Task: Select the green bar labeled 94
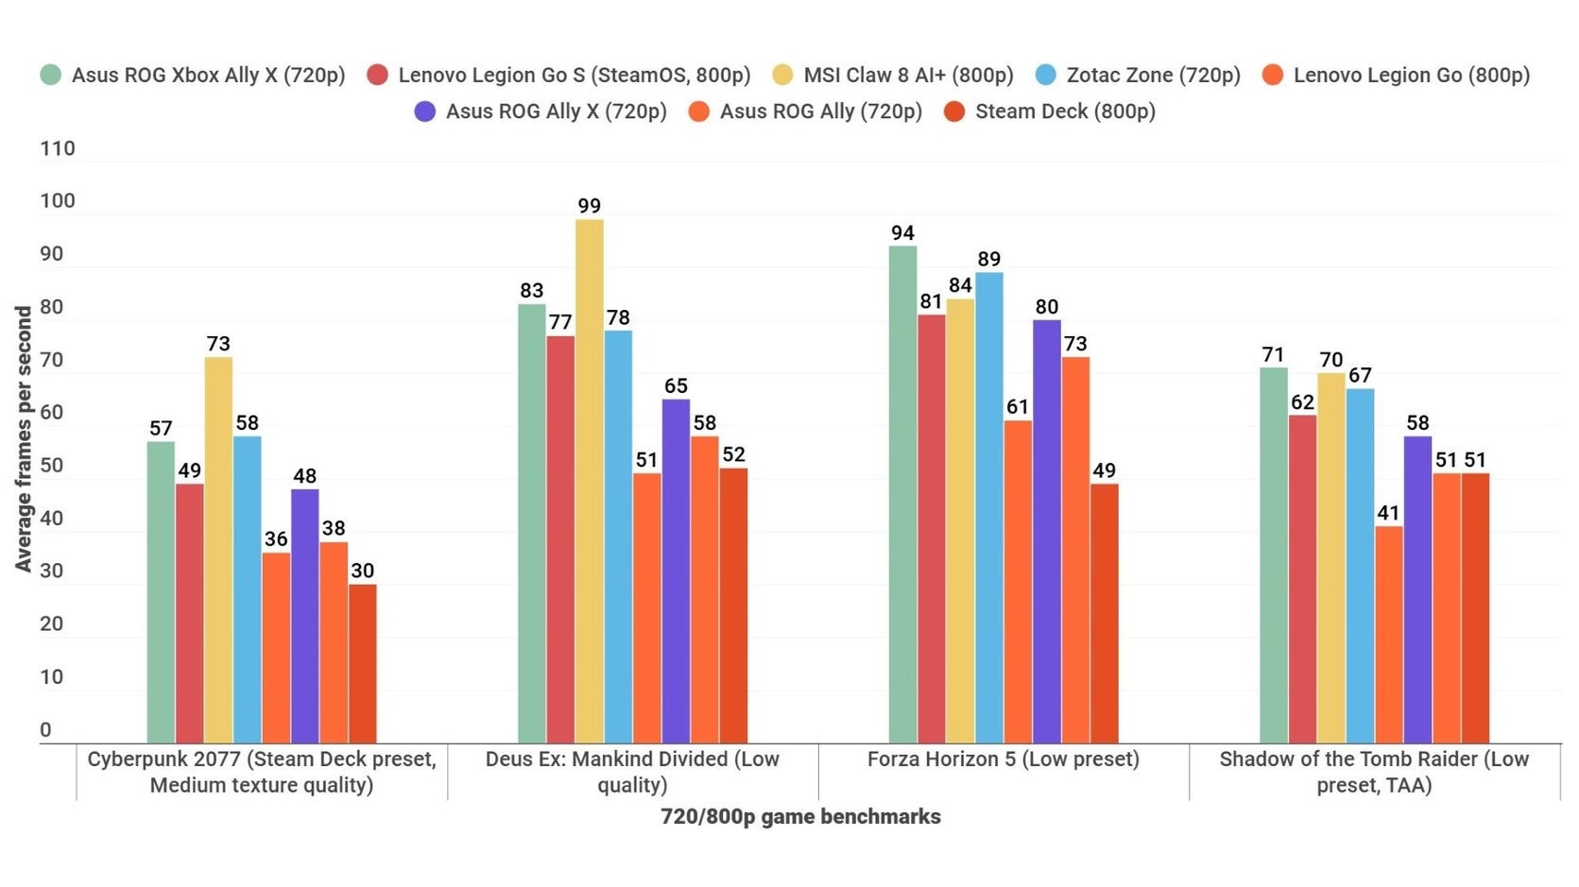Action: tap(902, 493)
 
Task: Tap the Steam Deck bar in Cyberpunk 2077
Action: tap(363, 663)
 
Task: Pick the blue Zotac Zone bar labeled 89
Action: tap(989, 507)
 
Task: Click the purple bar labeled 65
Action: tap(676, 571)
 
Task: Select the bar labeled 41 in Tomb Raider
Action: tap(1388, 634)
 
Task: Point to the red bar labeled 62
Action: tap(1302, 578)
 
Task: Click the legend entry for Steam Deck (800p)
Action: tap(1050, 111)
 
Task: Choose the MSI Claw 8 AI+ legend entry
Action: tap(893, 75)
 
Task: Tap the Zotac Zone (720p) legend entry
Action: tap(1138, 75)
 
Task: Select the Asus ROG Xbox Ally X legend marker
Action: tap(51, 75)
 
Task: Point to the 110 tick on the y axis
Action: tap(57, 148)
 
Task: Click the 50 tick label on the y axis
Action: tap(51, 465)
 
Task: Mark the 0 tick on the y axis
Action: tap(45, 729)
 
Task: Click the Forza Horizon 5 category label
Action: tap(1004, 759)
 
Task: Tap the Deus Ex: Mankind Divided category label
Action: tap(632, 772)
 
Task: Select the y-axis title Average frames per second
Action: tap(24, 438)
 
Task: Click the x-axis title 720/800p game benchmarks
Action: tap(800, 817)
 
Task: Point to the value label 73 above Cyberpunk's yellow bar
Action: tap(218, 344)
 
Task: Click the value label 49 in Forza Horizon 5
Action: tap(1104, 470)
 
